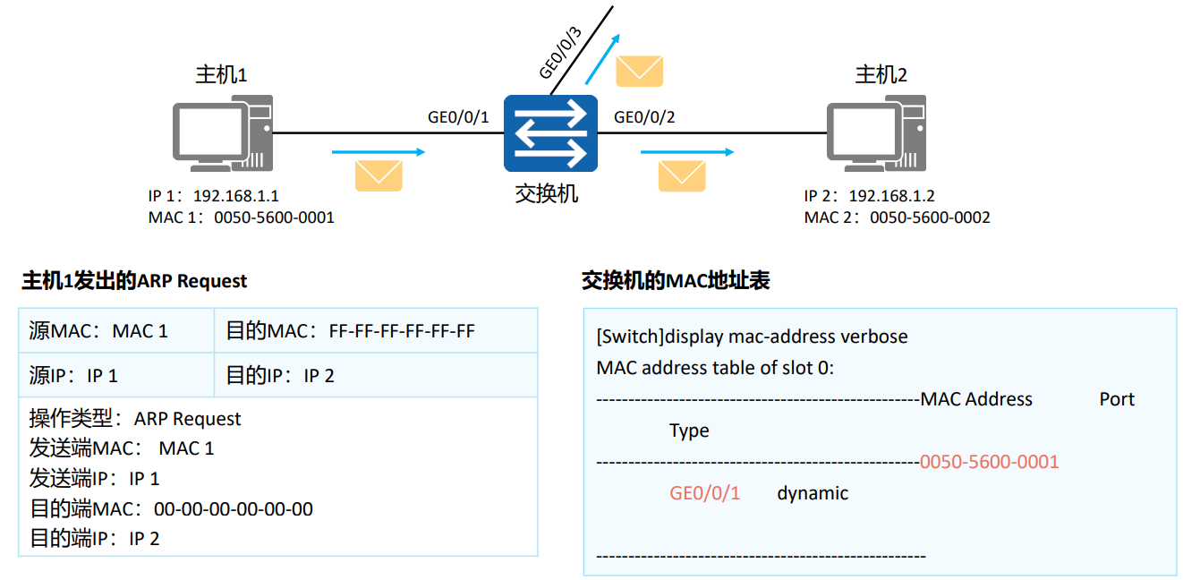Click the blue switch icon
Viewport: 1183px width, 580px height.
tap(549, 133)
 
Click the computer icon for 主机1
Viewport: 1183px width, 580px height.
tap(222, 134)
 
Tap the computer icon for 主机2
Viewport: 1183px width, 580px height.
tap(876, 134)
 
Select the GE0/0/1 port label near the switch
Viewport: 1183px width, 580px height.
tap(458, 117)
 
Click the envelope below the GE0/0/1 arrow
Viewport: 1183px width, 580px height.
tap(379, 175)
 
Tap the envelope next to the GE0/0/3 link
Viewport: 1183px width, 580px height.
tap(639, 71)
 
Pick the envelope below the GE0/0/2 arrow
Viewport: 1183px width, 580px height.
tap(682, 175)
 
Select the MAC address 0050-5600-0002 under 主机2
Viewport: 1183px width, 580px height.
tap(930, 217)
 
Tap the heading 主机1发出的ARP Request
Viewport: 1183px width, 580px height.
tap(134, 281)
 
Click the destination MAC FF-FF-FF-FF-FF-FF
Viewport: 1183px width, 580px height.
tap(402, 331)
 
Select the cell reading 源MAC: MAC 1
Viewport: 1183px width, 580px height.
tap(98, 331)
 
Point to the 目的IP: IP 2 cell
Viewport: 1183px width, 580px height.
tap(279, 376)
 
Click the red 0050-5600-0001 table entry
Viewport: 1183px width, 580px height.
tap(989, 462)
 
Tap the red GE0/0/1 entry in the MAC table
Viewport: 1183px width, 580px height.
tap(704, 493)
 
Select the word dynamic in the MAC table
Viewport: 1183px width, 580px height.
tap(813, 493)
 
